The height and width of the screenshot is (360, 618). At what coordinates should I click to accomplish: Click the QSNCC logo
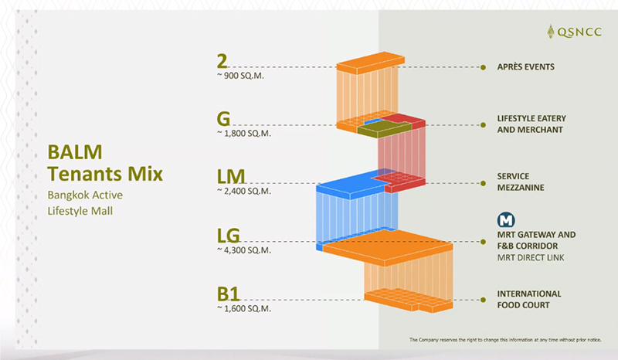click(575, 32)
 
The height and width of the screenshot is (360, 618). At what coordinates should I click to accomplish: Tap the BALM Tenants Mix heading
click(105, 163)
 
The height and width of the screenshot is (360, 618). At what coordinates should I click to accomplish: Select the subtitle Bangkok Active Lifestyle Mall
click(85, 203)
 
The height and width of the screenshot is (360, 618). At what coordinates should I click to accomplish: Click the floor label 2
click(222, 61)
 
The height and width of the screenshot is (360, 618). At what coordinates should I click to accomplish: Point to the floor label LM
click(231, 177)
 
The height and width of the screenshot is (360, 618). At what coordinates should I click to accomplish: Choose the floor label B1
click(228, 294)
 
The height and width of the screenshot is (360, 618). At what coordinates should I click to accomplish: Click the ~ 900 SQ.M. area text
click(240, 76)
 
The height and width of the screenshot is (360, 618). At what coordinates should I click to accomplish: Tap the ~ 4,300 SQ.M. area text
click(244, 250)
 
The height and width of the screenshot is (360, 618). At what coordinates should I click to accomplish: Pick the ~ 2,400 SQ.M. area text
click(244, 192)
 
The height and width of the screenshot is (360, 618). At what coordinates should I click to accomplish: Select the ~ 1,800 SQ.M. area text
click(244, 134)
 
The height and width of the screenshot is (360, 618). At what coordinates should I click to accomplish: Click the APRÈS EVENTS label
click(526, 66)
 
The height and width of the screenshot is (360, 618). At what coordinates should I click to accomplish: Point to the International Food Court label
click(529, 299)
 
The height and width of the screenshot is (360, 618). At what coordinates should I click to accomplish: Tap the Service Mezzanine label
click(521, 182)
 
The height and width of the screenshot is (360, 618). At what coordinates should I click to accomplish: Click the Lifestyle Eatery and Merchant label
click(531, 124)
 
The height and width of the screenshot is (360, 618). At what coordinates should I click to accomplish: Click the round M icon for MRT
click(506, 219)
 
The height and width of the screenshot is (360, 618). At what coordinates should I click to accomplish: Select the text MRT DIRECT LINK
click(531, 257)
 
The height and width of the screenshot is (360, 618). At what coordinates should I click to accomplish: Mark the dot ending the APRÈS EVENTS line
click(484, 67)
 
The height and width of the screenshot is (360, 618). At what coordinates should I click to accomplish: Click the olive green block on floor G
click(384, 128)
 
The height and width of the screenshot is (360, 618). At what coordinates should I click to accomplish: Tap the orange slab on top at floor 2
click(371, 63)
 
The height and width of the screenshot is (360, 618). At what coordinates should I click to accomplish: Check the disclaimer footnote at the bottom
click(505, 339)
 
